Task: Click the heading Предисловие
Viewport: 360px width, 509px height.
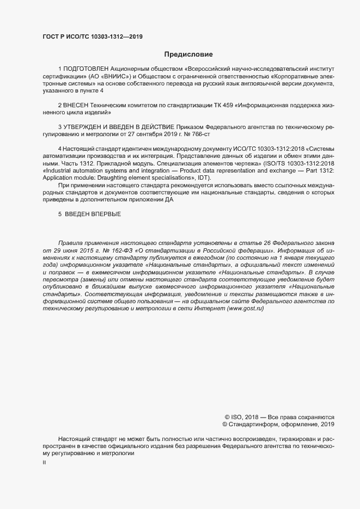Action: pyautogui.click(x=188, y=54)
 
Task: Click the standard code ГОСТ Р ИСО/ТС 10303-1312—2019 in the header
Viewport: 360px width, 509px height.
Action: pyautogui.click(x=93, y=37)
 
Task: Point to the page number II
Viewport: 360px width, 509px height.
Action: pyautogui.click(x=45, y=463)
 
